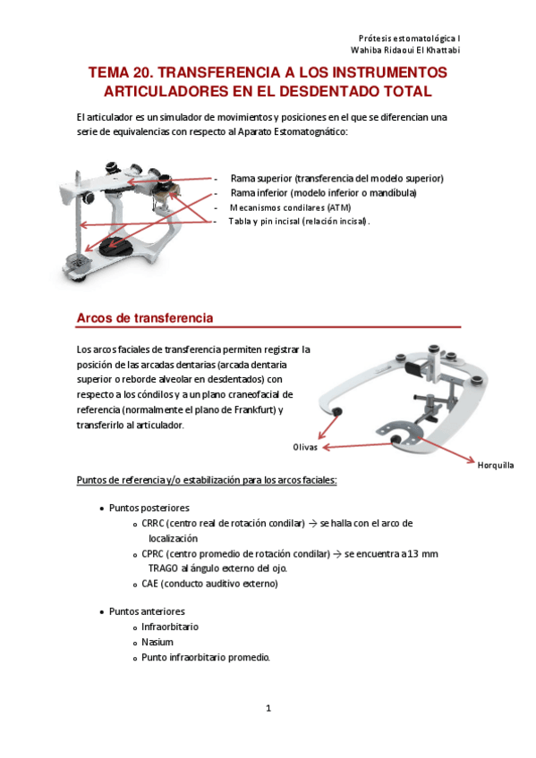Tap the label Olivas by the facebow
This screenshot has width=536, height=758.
pyautogui.click(x=305, y=447)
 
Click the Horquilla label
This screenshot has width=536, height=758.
pyautogui.click(x=496, y=465)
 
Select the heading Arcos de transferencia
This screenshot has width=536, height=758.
pyautogui.click(x=145, y=318)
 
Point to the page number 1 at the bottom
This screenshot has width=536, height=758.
pyautogui.click(x=268, y=708)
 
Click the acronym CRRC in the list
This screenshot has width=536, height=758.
pyautogui.click(x=153, y=523)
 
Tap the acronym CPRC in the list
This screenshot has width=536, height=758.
pyautogui.click(x=153, y=553)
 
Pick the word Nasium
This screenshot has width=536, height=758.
pyautogui.click(x=157, y=642)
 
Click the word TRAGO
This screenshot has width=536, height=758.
pyautogui.click(x=163, y=568)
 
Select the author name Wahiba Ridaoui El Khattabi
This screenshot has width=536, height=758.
pyautogui.click(x=405, y=50)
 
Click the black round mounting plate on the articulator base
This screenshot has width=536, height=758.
pyautogui.click(x=115, y=247)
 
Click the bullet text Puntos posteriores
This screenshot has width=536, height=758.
pyautogui.click(x=149, y=508)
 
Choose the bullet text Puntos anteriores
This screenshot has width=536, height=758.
pyautogui.click(x=147, y=611)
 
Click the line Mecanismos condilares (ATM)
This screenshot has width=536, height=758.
pyautogui.click(x=290, y=207)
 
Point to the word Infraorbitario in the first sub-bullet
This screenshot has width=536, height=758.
pyautogui.click(x=170, y=627)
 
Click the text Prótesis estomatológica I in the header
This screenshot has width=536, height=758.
pyautogui.click(x=409, y=38)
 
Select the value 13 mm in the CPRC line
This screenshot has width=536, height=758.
pyautogui.click(x=422, y=553)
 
